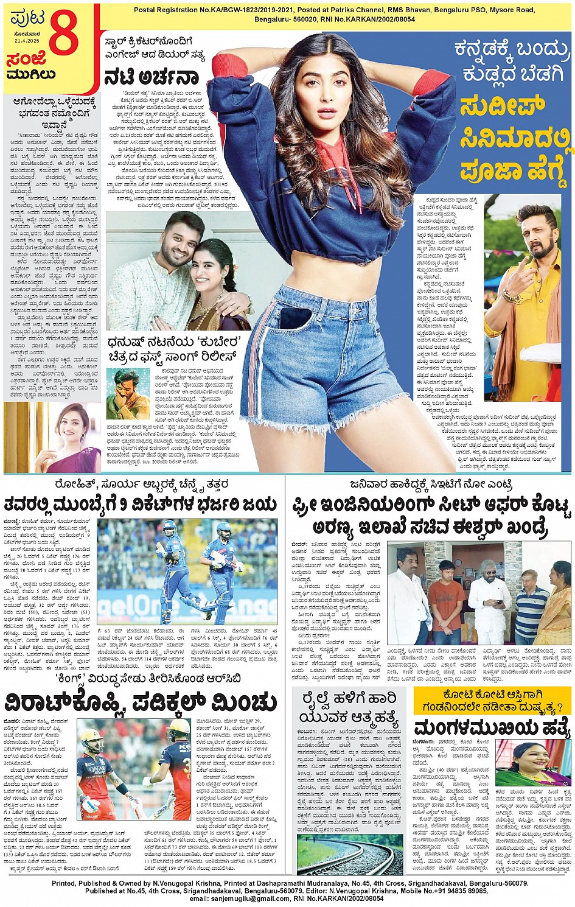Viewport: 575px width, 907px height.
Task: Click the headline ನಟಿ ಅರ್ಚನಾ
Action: [x=152, y=77]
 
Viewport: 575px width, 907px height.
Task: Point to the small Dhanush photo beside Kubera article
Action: [x=128, y=393]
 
